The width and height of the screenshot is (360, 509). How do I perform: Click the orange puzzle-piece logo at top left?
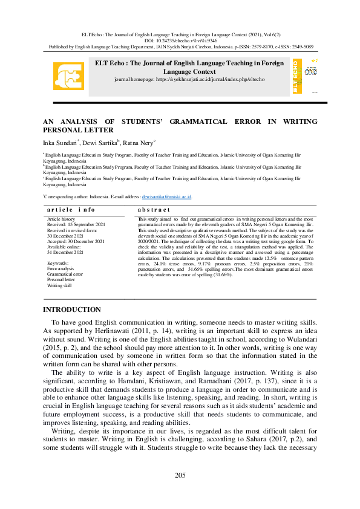(68, 76)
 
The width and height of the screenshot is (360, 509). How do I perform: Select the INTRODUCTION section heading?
(71, 310)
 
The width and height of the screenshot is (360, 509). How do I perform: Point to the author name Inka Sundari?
(58, 143)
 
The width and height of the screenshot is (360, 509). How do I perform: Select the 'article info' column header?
(71, 209)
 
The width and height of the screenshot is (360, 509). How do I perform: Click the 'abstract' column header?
(154, 209)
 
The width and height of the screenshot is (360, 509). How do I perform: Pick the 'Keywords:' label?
(58, 264)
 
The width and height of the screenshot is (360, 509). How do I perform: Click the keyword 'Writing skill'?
(59, 285)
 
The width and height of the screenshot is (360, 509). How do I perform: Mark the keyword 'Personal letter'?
(61, 280)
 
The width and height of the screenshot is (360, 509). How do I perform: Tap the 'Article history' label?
(61, 219)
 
